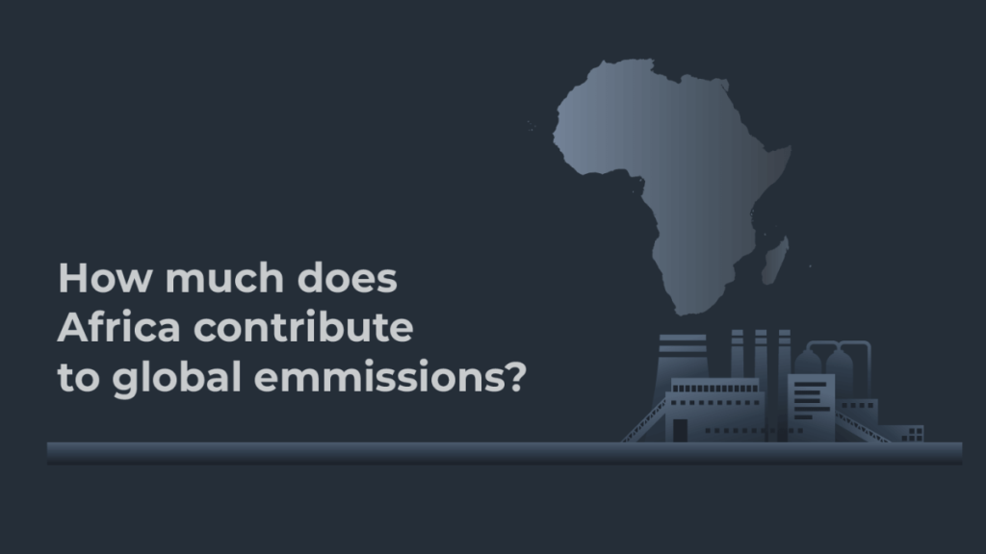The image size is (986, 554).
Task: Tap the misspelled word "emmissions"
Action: tap(376, 378)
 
